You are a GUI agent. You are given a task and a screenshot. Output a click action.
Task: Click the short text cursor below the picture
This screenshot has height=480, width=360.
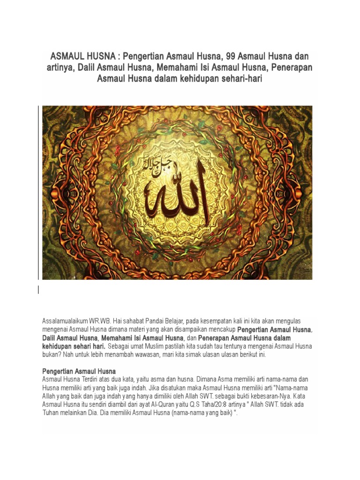click(39, 290)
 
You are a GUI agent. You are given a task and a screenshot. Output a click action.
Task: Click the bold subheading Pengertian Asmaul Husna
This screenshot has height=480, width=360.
click(79, 371)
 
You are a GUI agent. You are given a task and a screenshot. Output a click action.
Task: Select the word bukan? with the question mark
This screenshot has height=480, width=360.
click(51, 355)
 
